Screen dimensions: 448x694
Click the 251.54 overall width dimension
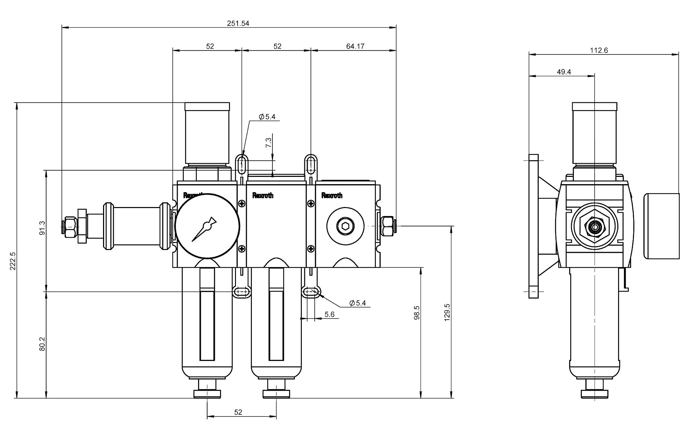tap(238, 24)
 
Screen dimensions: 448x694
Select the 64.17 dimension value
tap(355, 46)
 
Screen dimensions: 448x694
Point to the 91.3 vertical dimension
tap(42, 228)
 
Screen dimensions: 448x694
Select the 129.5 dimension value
tap(447, 312)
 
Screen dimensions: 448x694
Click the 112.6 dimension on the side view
tap(599, 50)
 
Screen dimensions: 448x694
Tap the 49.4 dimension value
tap(564, 72)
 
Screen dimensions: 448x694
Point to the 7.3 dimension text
tap(269, 143)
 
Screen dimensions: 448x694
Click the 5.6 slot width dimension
tap(329, 315)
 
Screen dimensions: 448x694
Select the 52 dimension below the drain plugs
tap(238, 412)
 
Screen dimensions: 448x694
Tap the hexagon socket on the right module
tap(345, 226)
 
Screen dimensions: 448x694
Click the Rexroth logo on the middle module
tap(263, 196)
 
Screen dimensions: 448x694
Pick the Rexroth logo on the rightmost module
tap(332, 196)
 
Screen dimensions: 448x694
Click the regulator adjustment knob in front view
tap(207, 133)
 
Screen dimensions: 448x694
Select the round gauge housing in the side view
tap(661, 226)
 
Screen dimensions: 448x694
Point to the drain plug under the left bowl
tap(207, 393)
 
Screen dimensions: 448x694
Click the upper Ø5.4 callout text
tap(267, 117)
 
